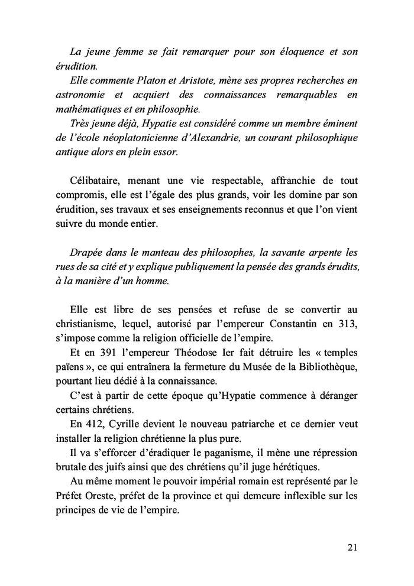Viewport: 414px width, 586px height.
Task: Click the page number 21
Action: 352,547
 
